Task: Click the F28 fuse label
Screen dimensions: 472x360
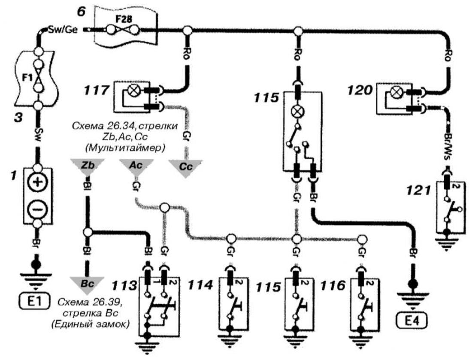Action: (124, 19)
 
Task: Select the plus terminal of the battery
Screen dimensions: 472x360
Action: (38, 182)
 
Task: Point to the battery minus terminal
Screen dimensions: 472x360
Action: (38, 209)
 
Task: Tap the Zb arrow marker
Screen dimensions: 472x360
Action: (87, 167)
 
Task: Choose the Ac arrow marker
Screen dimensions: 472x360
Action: (136, 167)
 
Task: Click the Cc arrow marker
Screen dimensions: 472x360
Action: (185, 167)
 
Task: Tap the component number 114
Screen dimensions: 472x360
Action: (200, 285)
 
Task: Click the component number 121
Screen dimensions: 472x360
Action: (419, 190)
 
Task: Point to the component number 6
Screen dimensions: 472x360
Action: (81, 12)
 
